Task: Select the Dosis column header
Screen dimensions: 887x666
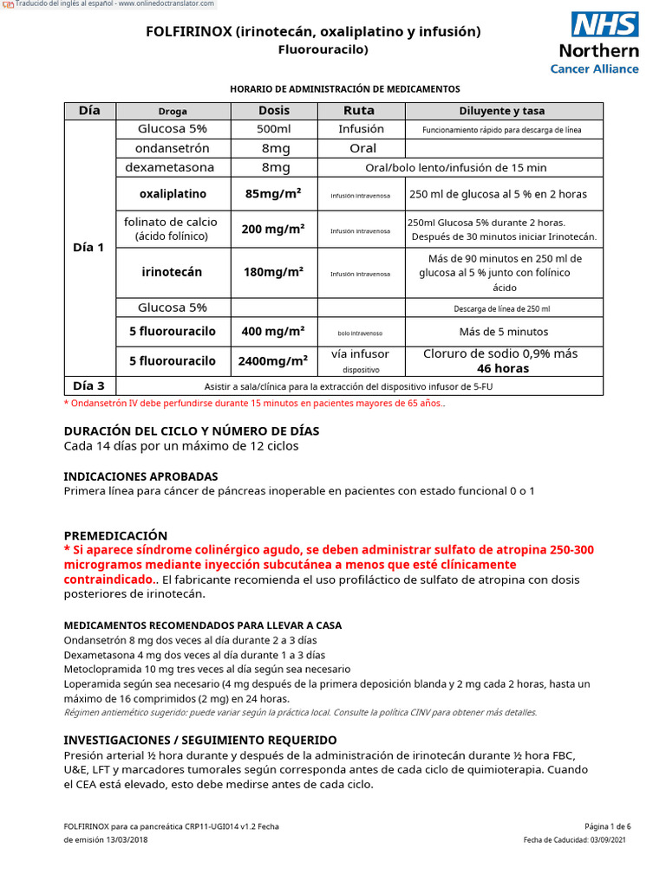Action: point(274,111)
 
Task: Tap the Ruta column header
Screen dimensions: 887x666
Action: point(359,111)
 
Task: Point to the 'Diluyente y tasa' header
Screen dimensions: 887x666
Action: point(502,111)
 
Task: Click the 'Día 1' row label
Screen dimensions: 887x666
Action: point(89,247)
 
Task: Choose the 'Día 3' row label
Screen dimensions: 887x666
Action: point(89,385)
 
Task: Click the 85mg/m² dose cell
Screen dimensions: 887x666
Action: point(274,194)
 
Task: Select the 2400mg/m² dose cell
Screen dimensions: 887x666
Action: point(274,361)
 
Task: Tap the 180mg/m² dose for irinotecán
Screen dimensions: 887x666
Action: point(274,272)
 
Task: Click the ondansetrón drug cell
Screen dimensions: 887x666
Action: point(173,148)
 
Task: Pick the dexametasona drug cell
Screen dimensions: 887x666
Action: point(173,167)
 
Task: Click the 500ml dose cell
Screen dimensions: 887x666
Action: point(274,129)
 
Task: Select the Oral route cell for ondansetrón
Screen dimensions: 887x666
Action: point(362,148)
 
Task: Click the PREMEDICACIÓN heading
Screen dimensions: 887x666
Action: point(115,535)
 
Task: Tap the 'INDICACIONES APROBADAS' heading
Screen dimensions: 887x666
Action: point(140,476)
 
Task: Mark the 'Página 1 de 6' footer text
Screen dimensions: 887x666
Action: point(608,826)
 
